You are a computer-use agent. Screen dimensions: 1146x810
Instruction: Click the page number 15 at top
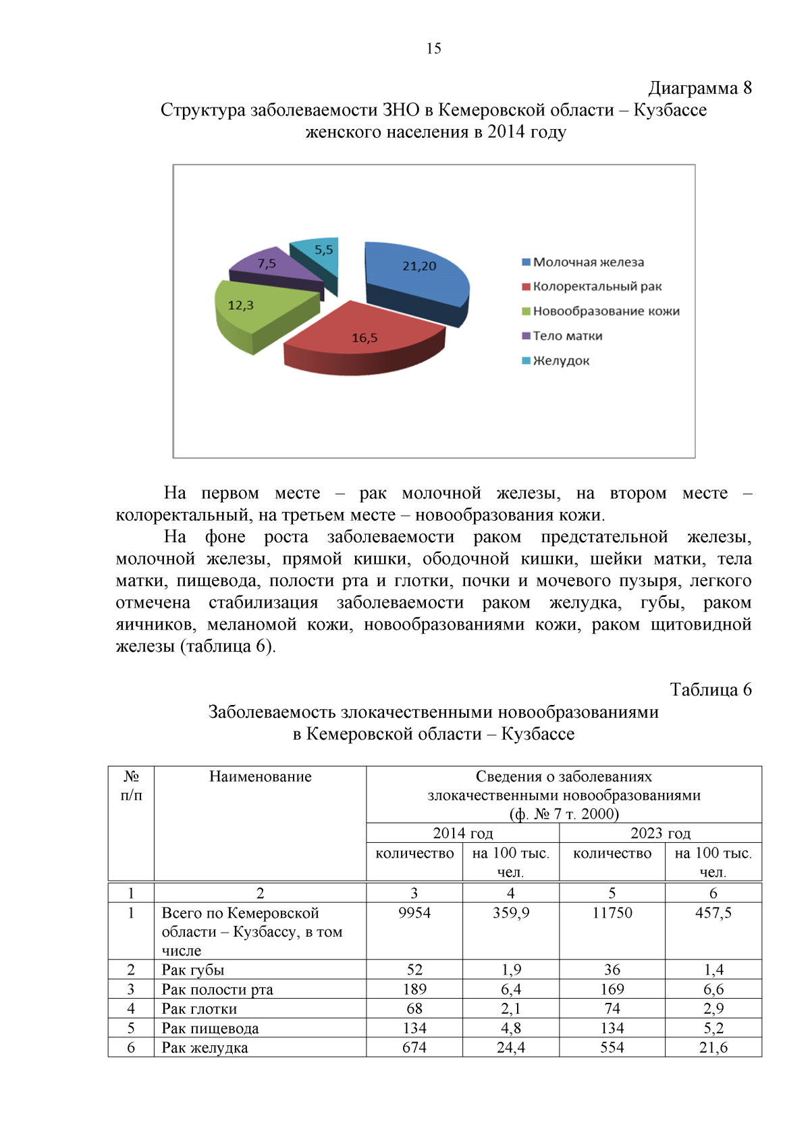click(433, 48)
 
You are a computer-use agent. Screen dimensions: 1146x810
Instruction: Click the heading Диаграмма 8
click(699, 88)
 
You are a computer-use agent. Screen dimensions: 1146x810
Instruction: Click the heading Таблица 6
click(710, 689)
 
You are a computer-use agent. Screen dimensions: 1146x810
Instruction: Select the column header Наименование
click(260, 777)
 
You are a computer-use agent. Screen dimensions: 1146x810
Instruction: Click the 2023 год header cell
click(660, 833)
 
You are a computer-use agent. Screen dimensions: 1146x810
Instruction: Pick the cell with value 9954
click(414, 913)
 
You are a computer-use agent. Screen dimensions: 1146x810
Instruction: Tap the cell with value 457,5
click(713, 913)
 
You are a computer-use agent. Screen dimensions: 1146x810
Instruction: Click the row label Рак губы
click(193, 970)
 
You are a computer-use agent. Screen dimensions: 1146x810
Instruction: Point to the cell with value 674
click(414, 1047)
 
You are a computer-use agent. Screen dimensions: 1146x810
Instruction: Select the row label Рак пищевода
click(210, 1028)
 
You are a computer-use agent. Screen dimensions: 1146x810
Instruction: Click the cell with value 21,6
click(713, 1047)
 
